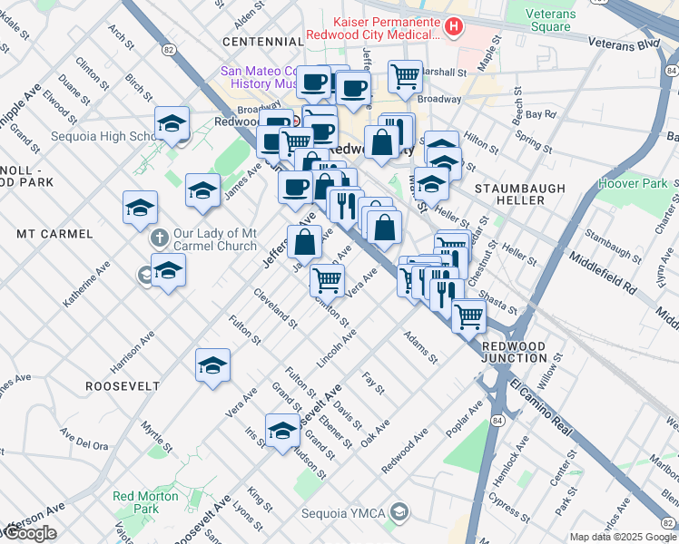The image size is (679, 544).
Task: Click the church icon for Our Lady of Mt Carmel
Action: (159, 238)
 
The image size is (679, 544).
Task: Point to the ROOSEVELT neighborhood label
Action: (123, 386)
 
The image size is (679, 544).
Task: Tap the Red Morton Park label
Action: (134, 503)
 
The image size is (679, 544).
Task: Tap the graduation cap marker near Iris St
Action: (282, 430)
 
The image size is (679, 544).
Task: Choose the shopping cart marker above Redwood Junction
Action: (468, 316)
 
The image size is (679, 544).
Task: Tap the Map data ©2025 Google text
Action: (623, 537)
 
